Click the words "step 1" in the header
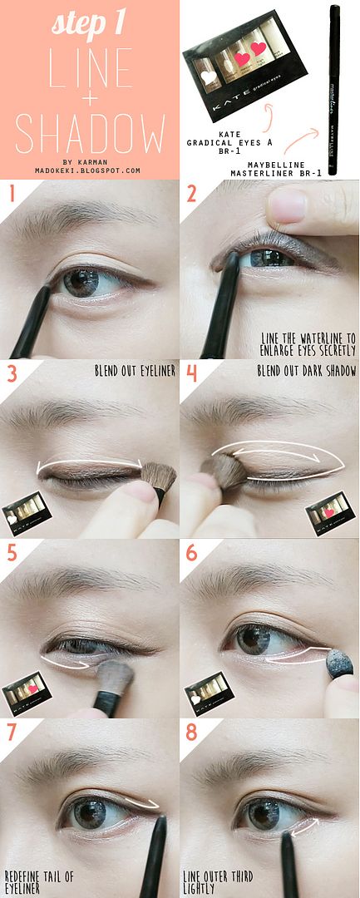pos(89,23)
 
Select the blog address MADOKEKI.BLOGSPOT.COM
pos(87,170)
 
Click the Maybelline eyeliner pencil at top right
pos(333,89)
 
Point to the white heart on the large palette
pos(209,76)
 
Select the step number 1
pos(11,194)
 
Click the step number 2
pos(190,194)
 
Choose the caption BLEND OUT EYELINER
pos(135,371)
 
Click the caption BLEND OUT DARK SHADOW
pos(307,371)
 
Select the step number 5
pos(12,553)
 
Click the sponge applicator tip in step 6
pos(340,662)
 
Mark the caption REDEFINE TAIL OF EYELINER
pos(39,882)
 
